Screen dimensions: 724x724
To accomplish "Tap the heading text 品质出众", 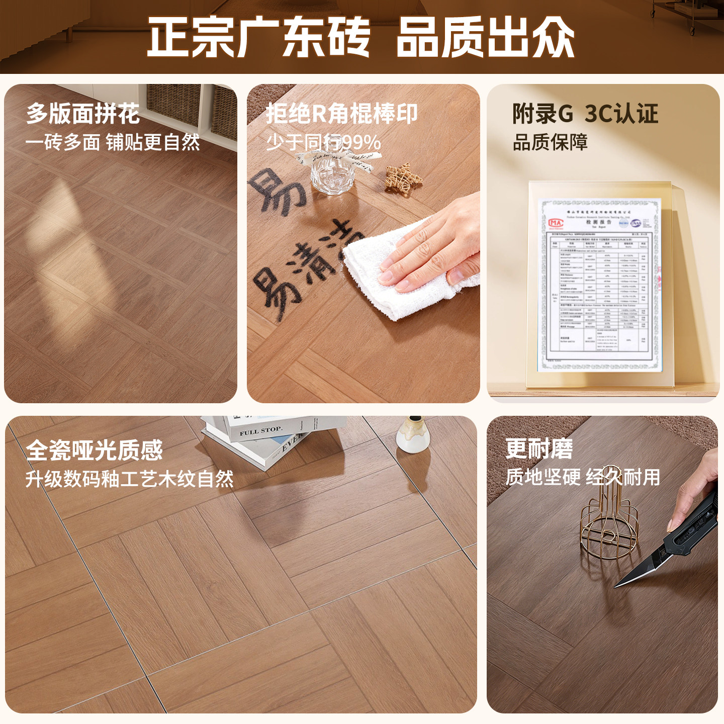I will tap(485, 37).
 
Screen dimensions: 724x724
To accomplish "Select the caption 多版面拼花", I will tap(83, 114).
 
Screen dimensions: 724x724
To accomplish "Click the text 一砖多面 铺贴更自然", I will tap(113, 142).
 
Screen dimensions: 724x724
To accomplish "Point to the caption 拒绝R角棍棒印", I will tap(341, 114).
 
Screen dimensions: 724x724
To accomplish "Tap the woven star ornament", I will tap(403, 177).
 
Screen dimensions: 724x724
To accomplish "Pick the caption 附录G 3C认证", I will tap(585, 114).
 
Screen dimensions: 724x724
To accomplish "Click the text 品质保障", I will tap(550, 142).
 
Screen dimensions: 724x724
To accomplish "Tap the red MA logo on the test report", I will tap(556, 222).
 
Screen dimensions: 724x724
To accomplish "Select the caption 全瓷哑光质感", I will tap(95, 450).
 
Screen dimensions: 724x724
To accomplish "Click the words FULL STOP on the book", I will tap(261, 431).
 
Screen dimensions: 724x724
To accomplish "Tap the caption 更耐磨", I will tap(539, 448).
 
